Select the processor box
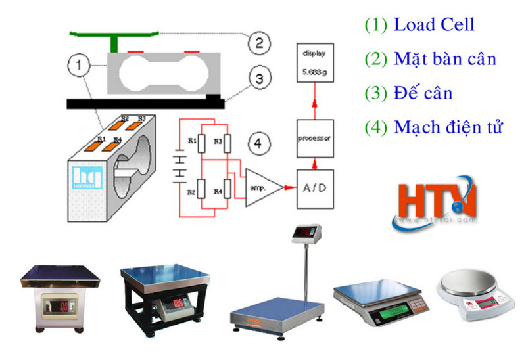click(314, 138)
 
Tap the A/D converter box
click(314, 188)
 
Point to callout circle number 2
click(260, 43)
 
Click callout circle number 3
click(260, 79)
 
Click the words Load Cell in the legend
click(434, 26)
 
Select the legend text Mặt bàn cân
click(444, 59)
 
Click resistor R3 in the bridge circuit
click(226, 143)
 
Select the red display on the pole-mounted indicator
click(306, 232)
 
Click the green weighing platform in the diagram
click(115, 32)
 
